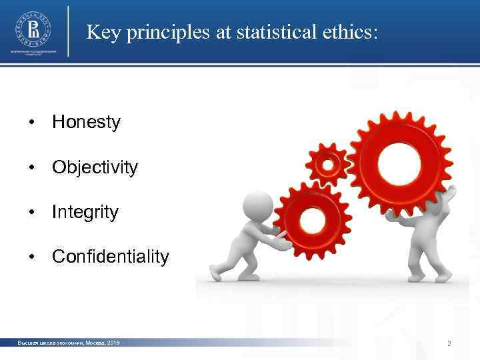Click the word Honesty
pos(86,123)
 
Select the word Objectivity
pos(95,168)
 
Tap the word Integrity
pos(85,213)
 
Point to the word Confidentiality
pos(111,257)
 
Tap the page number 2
pos(449,344)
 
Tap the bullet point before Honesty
pos(31,123)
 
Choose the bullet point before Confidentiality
pos(31,257)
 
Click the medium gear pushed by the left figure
pos(311,217)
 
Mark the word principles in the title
pos(165,32)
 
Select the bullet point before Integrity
pos(31,213)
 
